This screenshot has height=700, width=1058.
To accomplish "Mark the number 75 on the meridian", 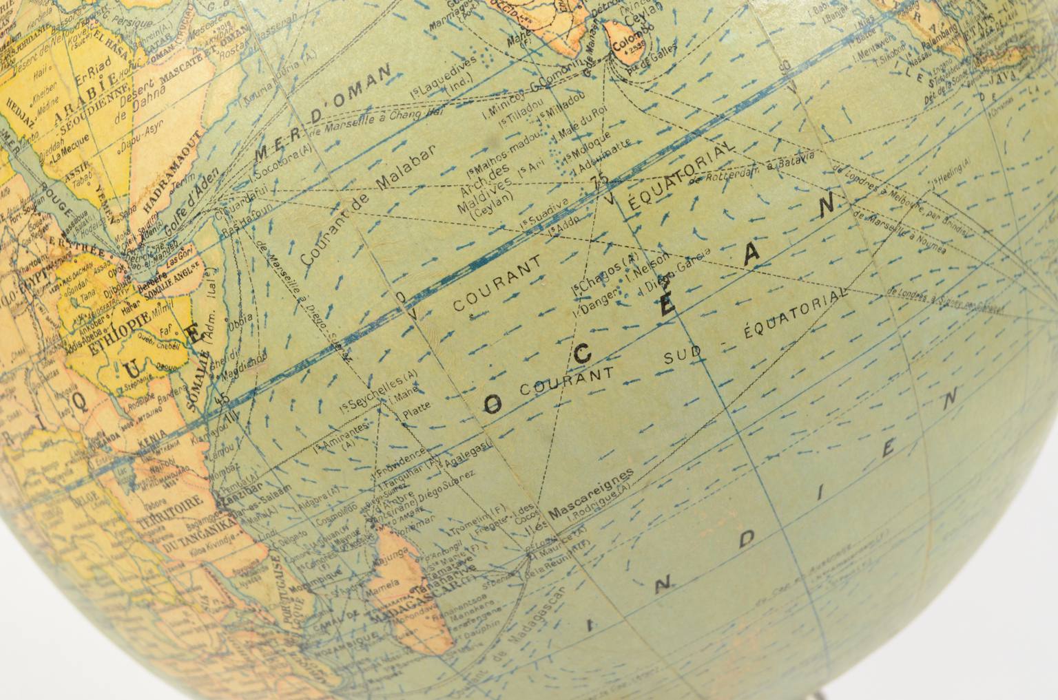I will click(x=600, y=180).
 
